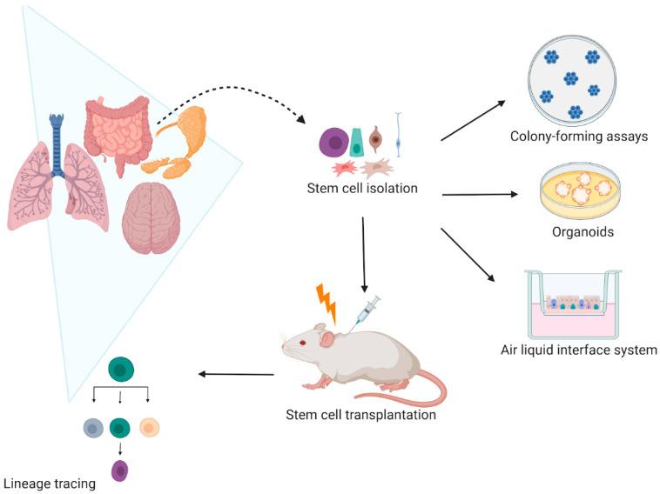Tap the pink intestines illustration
[x=118, y=130]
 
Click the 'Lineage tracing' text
[x=49, y=483]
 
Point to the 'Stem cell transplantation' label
[x=360, y=414]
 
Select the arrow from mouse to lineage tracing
[x=236, y=375]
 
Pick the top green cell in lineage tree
[x=119, y=371]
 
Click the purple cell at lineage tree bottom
[x=119, y=471]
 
